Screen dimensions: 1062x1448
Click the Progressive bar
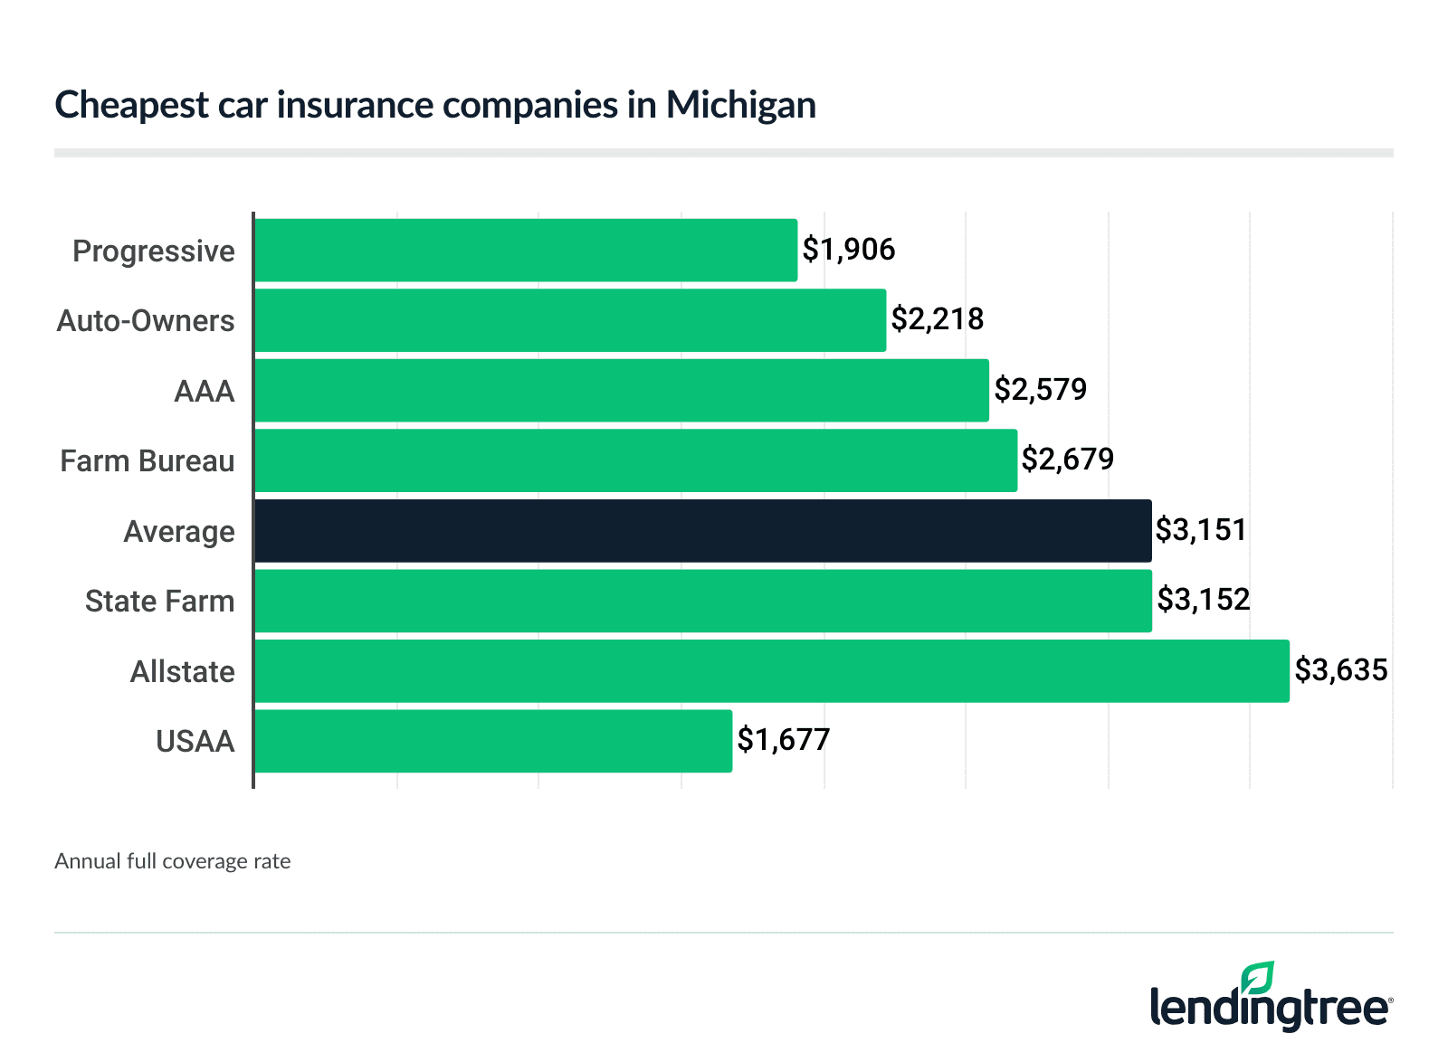[x=526, y=250]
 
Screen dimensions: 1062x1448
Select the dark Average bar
[x=703, y=531]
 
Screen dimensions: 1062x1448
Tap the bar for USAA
[x=493, y=741]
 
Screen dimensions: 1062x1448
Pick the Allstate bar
[x=772, y=671]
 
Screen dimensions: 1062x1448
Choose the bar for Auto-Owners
[x=570, y=320]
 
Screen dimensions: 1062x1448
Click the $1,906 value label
[x=849, y=250]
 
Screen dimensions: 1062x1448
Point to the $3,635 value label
[x=1341, y=670]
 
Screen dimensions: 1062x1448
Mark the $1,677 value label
[x=784, y=740]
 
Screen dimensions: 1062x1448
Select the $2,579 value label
[x=1041, y=390]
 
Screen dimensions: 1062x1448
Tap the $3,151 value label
[x=1201, y=530]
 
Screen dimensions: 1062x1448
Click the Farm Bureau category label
[x=148, y=461]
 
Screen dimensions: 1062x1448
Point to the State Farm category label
[x=160, y=602]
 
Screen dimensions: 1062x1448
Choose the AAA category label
[x=205, y=392]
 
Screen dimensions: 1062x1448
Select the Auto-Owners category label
[x=146, y=321]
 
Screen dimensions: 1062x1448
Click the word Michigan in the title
[x=741, y=105]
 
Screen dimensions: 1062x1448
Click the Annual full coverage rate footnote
[x=173, y=861]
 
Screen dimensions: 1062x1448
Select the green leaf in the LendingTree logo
[x=1258, y=978]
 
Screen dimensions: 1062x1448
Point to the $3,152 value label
[x=1204, y=600]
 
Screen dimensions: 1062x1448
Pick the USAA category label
[x=195, y=742]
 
